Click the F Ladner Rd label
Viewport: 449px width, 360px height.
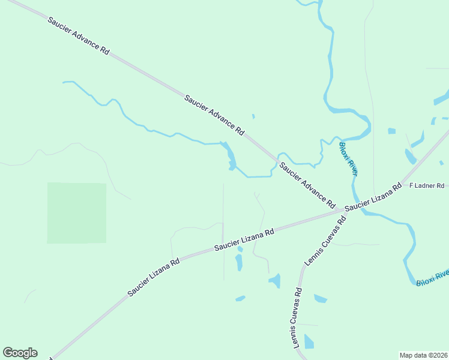tap(426, 186)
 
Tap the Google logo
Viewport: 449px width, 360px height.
tap(20, 353)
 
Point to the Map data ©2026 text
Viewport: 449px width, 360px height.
tap(423, 355)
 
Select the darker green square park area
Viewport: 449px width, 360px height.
tap(77, 213)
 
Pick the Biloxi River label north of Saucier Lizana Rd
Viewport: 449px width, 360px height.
tap(349, 159)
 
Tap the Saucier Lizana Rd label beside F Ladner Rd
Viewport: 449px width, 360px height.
tap(373, 196)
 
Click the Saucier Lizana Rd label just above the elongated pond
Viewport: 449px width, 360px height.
tap(244, 239)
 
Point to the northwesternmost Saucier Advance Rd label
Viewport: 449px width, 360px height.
tap(78, 36)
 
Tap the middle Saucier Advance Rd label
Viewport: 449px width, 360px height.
tap(215, 114)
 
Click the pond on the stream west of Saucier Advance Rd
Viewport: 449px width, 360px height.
tap(231, 157)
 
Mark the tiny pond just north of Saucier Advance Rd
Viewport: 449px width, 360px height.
tap(253, 116)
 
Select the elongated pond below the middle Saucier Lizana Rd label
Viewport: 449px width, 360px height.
tap(239, 262)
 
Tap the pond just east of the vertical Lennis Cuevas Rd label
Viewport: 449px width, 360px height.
tap(321, 298)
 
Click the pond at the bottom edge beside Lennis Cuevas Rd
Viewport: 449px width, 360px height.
tap(309, 342)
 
